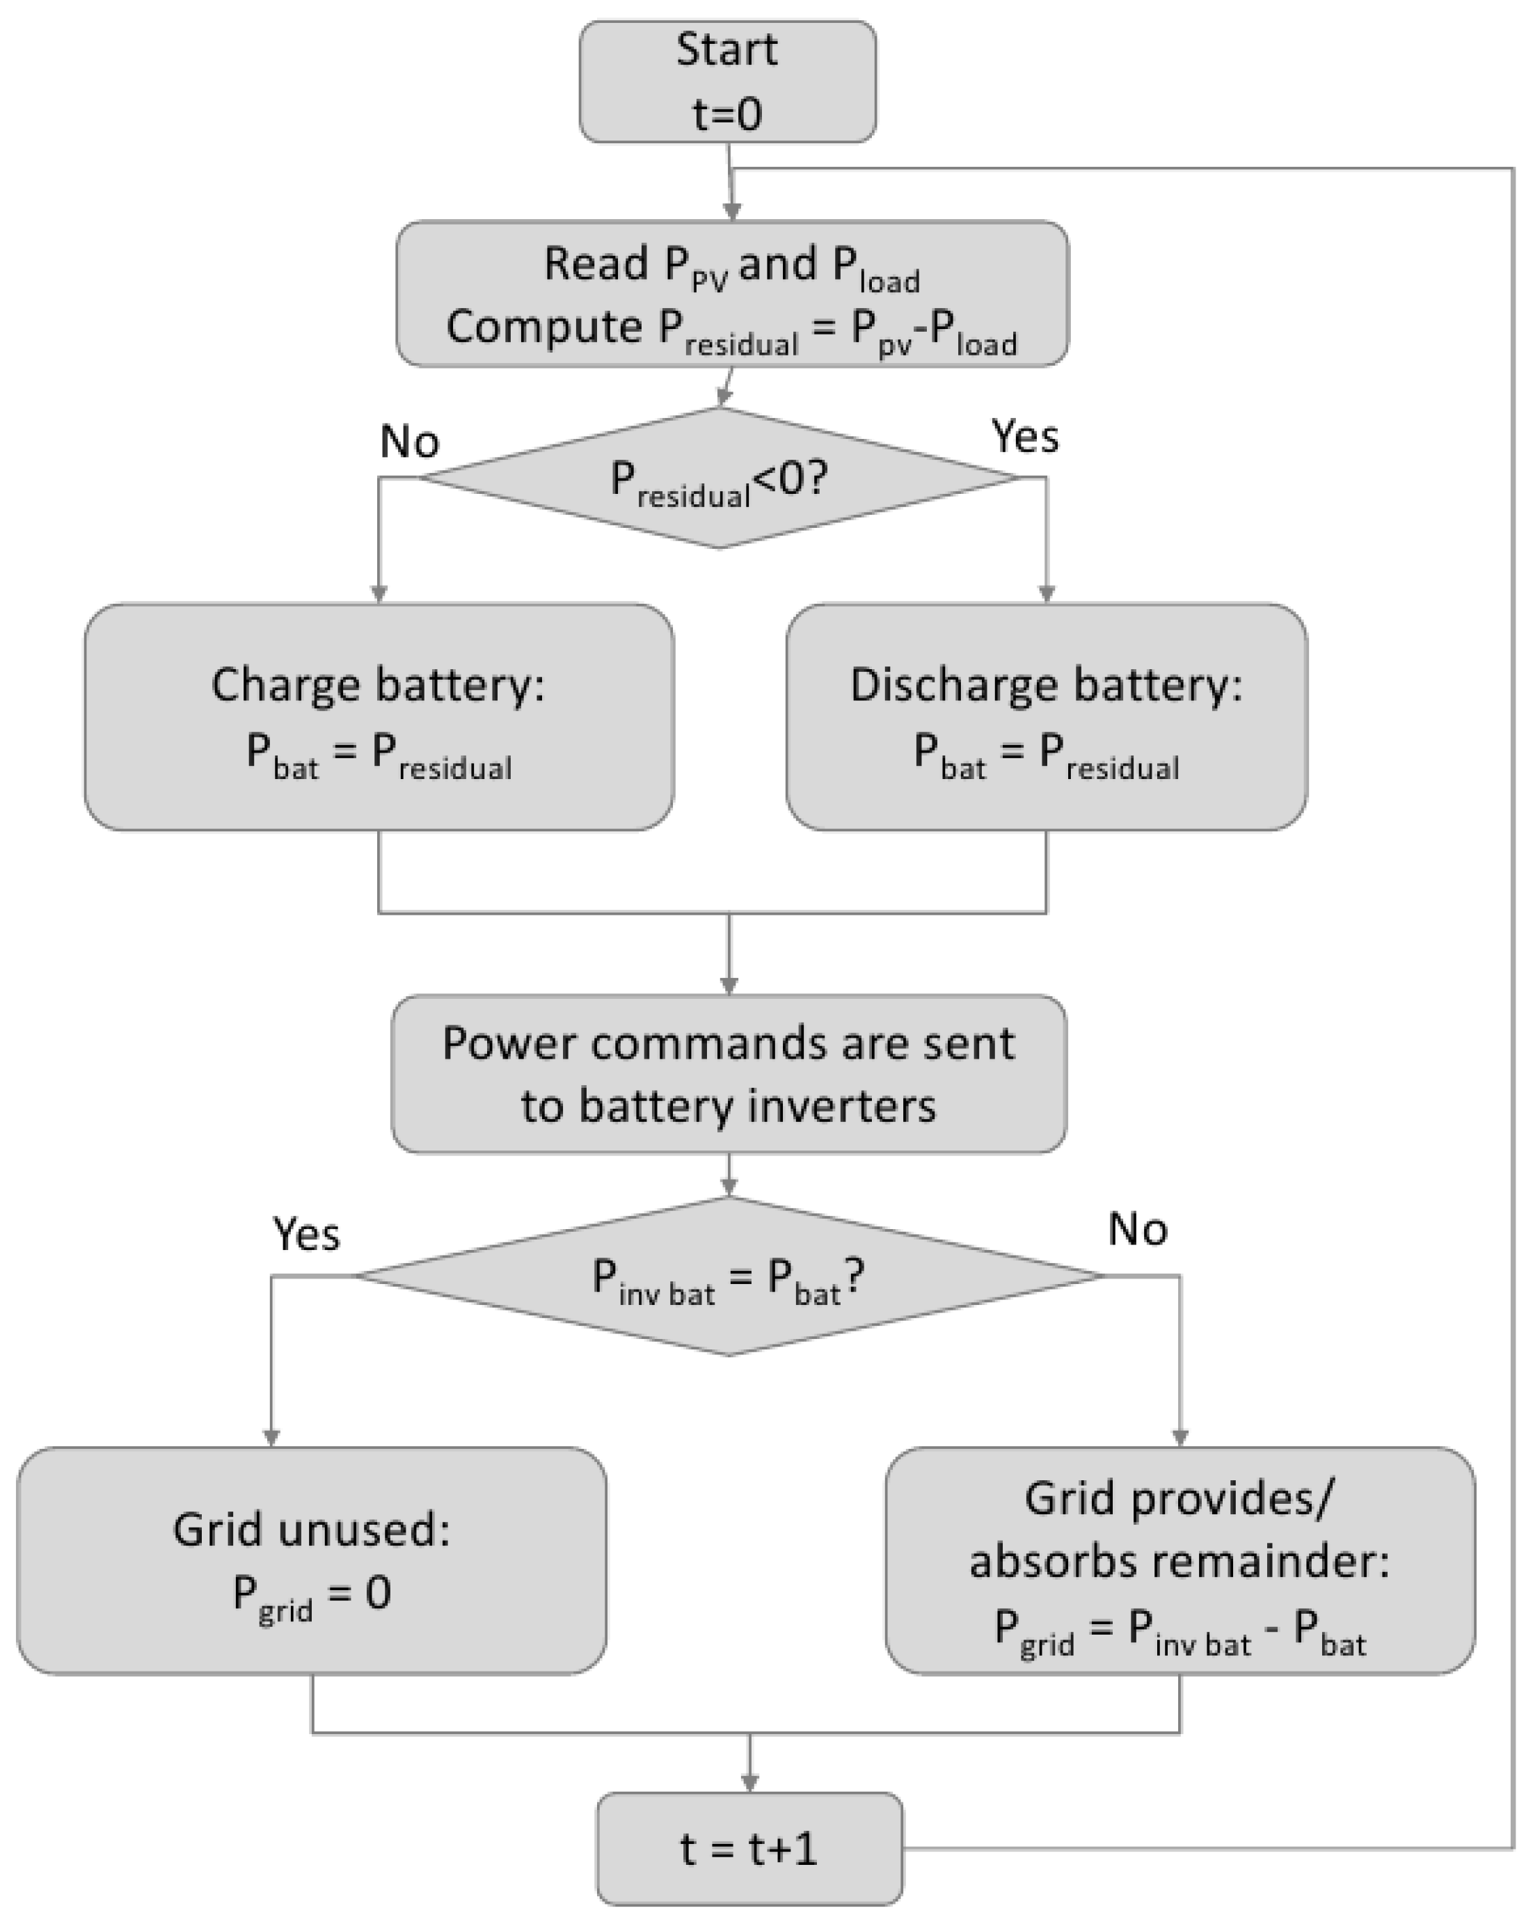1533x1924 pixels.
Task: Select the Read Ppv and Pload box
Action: (731, 294)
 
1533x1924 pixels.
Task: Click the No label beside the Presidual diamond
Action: (409, 441)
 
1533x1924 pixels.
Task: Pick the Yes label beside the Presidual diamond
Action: (1025, 436)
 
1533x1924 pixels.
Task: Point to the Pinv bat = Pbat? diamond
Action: (729, 1276)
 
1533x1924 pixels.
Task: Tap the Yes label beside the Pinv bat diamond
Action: (305, 1234)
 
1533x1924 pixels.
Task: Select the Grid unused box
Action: (312, 1561)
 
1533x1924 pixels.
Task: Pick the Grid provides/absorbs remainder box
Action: (1179, 1561)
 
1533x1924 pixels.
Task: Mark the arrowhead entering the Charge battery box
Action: (379, 594)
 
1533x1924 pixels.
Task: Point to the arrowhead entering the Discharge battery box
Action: (1047, 594)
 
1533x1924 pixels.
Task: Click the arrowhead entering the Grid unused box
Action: (271, 1438)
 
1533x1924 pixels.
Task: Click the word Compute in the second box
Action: (543, 327)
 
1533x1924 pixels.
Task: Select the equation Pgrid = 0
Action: (312, 1596)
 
